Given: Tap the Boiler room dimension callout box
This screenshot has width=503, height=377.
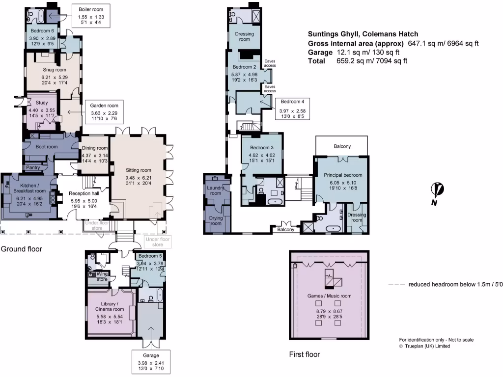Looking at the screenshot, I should point(91,17).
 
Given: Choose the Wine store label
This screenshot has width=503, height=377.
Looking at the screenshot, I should point(101,276).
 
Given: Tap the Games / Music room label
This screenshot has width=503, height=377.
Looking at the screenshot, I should point(329,296).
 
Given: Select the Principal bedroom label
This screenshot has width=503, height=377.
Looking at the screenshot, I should point(342,175).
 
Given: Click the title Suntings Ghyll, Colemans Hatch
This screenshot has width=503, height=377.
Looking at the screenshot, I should point(363,34).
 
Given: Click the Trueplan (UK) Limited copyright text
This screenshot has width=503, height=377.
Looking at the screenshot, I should point(424,346).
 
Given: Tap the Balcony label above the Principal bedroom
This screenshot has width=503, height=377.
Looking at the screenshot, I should point(342,146).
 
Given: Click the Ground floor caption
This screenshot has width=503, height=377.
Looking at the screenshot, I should point(21,249).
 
